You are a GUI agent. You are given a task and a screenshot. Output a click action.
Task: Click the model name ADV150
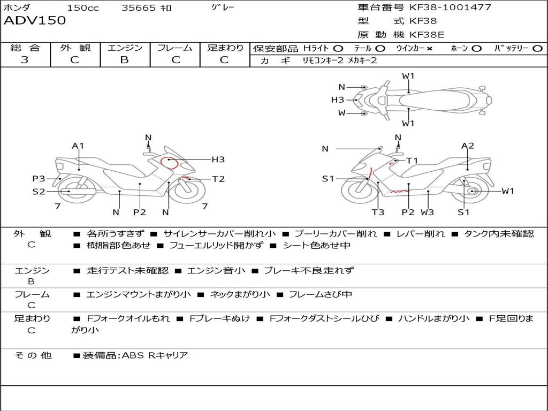(x=35, y=21)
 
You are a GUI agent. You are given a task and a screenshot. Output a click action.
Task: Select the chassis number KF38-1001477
(x=450, y=7)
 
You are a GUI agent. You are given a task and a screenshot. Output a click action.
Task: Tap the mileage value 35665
(x=139, y=8)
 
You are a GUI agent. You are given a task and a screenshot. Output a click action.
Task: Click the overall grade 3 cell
(x=25, y=60)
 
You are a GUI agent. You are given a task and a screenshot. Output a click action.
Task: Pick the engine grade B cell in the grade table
(x=124, y=60)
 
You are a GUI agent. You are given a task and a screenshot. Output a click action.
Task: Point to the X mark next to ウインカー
(x=429, y=49)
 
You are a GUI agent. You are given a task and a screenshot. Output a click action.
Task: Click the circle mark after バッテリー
(x=537, y=49)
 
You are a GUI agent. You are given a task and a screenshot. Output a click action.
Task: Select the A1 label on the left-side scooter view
(x=78, y=146)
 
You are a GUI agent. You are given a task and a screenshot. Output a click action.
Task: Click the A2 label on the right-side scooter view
(x=468, y=146)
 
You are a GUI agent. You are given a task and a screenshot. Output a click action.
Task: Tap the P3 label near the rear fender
(x=39, y=179)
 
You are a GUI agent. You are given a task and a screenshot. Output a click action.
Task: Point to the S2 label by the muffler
(x=39, y=191)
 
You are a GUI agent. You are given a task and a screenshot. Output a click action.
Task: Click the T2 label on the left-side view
(x=218, y=179)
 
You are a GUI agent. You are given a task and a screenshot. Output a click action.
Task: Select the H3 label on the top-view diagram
(x=338, y=100)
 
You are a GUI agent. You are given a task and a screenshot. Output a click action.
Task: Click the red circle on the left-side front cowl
(x=169, y=162)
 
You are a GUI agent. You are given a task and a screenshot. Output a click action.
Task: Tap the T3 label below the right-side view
(x=378, y=212)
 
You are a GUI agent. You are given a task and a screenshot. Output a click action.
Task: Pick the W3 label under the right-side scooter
(x=427, y=212)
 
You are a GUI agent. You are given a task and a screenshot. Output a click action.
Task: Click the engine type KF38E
(x=427, y=35)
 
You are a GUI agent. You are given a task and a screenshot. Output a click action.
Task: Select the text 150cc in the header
(x=83, y=8)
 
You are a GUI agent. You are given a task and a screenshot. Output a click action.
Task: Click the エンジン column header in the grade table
(x=125, y=48)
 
